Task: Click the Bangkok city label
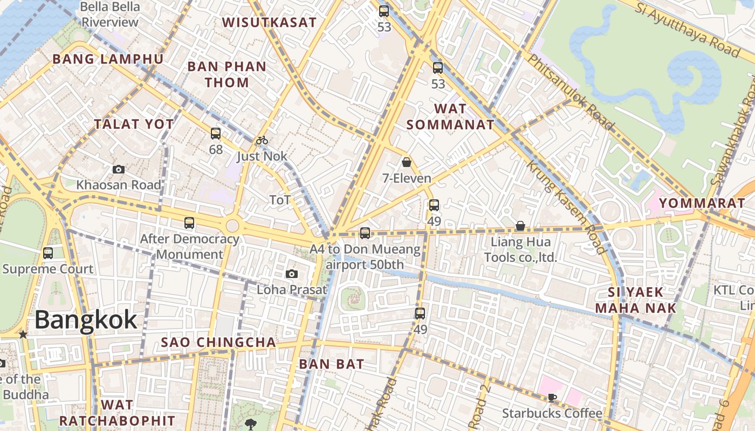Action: [86, 320]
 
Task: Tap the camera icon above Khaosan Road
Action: [119, 170]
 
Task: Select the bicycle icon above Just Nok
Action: [262, 141]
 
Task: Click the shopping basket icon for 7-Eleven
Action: [407, 162]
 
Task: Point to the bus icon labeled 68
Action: [216, 134]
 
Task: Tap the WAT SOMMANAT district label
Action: [450, 116]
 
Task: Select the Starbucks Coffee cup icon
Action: [551, 398]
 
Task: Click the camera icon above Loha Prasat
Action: [292, 274]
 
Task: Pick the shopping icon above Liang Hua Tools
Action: [520, 226]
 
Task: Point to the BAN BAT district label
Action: [332, 364]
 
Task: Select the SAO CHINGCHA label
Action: [218, 342]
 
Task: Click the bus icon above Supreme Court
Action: [48, 253]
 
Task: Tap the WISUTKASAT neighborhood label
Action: [269, 22]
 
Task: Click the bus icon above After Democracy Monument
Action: [189, 223]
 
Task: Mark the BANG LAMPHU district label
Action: [107, 59]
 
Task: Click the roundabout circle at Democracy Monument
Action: [232, 226]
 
